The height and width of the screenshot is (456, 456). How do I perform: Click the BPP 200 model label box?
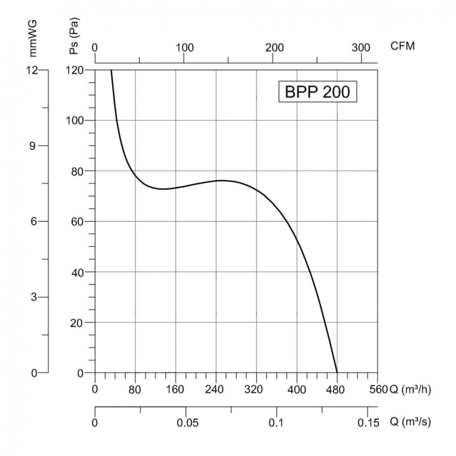tap(317, 92)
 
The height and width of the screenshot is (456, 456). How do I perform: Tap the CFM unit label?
tap(402, 47)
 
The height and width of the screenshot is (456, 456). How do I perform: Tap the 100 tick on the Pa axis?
tap(76, 120)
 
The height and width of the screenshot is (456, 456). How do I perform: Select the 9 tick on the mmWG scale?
tap(34, 145)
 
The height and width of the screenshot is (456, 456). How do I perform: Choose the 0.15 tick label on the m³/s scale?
tap(368, 423)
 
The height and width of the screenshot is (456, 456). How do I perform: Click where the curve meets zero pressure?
tap(337, 373)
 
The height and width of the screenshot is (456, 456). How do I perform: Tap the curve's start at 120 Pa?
tap(111, 70)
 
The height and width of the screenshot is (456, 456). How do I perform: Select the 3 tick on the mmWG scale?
tap(34, 297)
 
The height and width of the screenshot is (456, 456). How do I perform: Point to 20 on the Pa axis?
tap(78, 323)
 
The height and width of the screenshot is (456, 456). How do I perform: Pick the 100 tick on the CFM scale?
tap(185, 47)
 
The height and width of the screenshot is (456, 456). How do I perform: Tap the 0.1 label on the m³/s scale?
tap(277, 423)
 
